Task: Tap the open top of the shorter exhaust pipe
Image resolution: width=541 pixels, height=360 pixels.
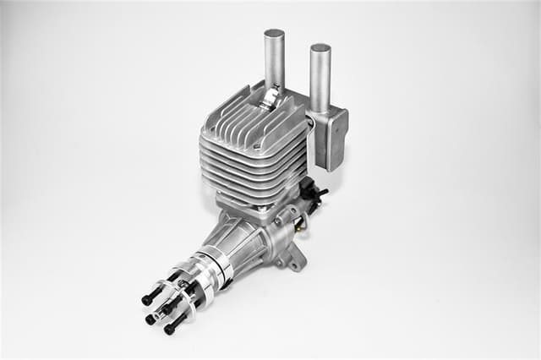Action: tap(320, 48)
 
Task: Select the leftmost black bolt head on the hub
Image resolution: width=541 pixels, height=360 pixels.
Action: tap(146, 299)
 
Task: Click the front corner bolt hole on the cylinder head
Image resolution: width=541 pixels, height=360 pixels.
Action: tap(208, 133)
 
